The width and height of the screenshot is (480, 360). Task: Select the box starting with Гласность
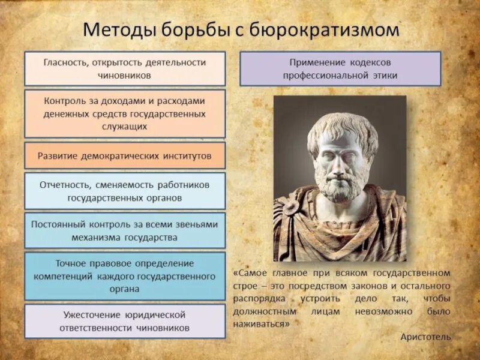125,68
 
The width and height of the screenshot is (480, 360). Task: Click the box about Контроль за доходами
125,113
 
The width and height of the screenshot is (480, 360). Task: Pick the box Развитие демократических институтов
125,155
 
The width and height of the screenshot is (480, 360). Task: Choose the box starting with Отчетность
125,191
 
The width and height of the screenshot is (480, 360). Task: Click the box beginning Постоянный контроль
125,230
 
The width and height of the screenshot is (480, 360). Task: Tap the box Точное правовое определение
125,276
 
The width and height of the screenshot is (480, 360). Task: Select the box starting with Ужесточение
125,321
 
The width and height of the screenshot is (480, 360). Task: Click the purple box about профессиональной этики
340,68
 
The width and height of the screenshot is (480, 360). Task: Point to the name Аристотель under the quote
425,337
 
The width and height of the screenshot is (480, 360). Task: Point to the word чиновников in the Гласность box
125,76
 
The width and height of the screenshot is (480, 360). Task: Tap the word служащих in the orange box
125,127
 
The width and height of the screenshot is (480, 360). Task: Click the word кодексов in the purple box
372,62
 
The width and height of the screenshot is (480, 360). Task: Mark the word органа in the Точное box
125,289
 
